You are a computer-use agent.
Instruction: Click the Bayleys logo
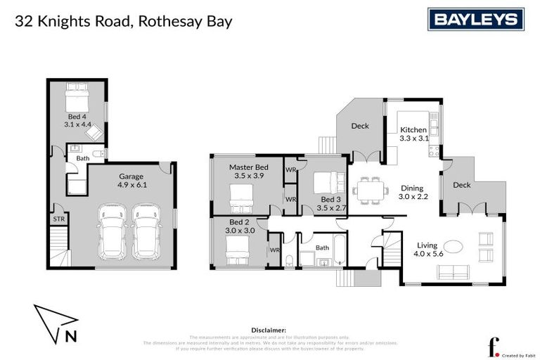[476, 20]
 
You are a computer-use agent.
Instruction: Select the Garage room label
[131, 176]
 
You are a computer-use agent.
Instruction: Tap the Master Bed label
[246, 167]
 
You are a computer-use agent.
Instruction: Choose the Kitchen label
[413, 130]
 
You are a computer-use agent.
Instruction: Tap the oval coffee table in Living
[453, 247]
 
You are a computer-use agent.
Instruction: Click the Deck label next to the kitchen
[360, 127]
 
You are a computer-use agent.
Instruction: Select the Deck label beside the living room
[462, 185]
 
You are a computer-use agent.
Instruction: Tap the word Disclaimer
[269, 330]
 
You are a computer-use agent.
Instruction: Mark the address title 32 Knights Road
[123, 21]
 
